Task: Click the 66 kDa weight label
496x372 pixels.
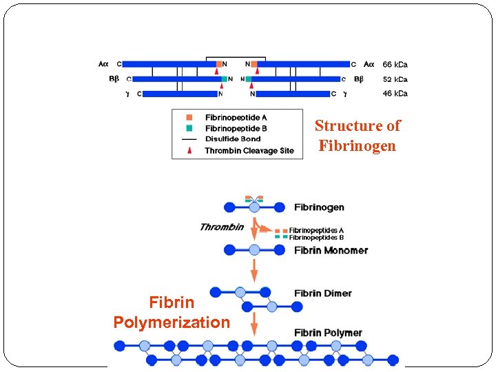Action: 395,65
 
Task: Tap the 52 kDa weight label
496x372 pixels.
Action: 395,79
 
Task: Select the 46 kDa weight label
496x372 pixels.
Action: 395,94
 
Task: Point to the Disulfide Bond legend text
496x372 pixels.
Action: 233,139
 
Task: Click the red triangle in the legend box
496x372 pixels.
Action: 188,150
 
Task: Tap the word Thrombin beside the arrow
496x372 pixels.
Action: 221,227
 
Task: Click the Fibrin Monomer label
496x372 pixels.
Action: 331,250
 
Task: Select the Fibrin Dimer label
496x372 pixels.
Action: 322,293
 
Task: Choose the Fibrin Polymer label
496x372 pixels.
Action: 328,333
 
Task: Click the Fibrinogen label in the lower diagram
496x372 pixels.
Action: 319,207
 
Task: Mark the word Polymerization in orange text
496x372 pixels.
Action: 172,322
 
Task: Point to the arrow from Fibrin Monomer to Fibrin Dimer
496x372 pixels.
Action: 254,269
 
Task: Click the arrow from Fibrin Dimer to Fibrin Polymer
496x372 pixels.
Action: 254,323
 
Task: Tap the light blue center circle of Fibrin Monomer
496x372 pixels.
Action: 254,250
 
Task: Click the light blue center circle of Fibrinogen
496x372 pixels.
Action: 254,207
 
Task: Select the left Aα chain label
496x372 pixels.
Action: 103,64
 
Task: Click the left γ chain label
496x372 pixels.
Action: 127,94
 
